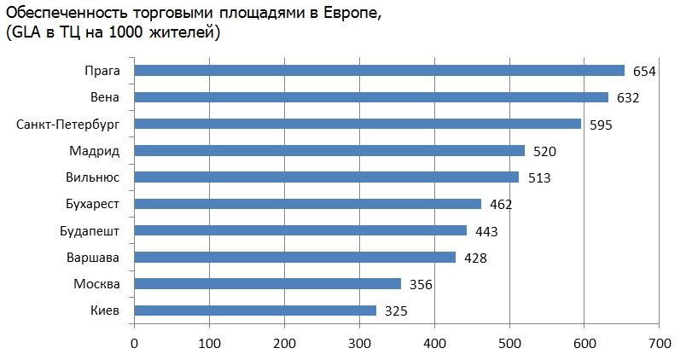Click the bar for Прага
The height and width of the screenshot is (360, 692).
click(380, 71)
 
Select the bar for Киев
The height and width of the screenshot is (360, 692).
click(255, 311)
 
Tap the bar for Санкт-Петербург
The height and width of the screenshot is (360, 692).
click(358, 124)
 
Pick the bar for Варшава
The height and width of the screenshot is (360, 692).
click(295, 257)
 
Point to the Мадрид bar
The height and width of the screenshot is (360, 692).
click(329, 151)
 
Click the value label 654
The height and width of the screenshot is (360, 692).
click(643, 72)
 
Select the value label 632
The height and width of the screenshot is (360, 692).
click(627, 98)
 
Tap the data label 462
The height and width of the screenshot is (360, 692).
click(500, 205)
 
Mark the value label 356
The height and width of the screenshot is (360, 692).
click(419, 284)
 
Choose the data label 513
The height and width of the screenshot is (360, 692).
click(538, 178)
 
